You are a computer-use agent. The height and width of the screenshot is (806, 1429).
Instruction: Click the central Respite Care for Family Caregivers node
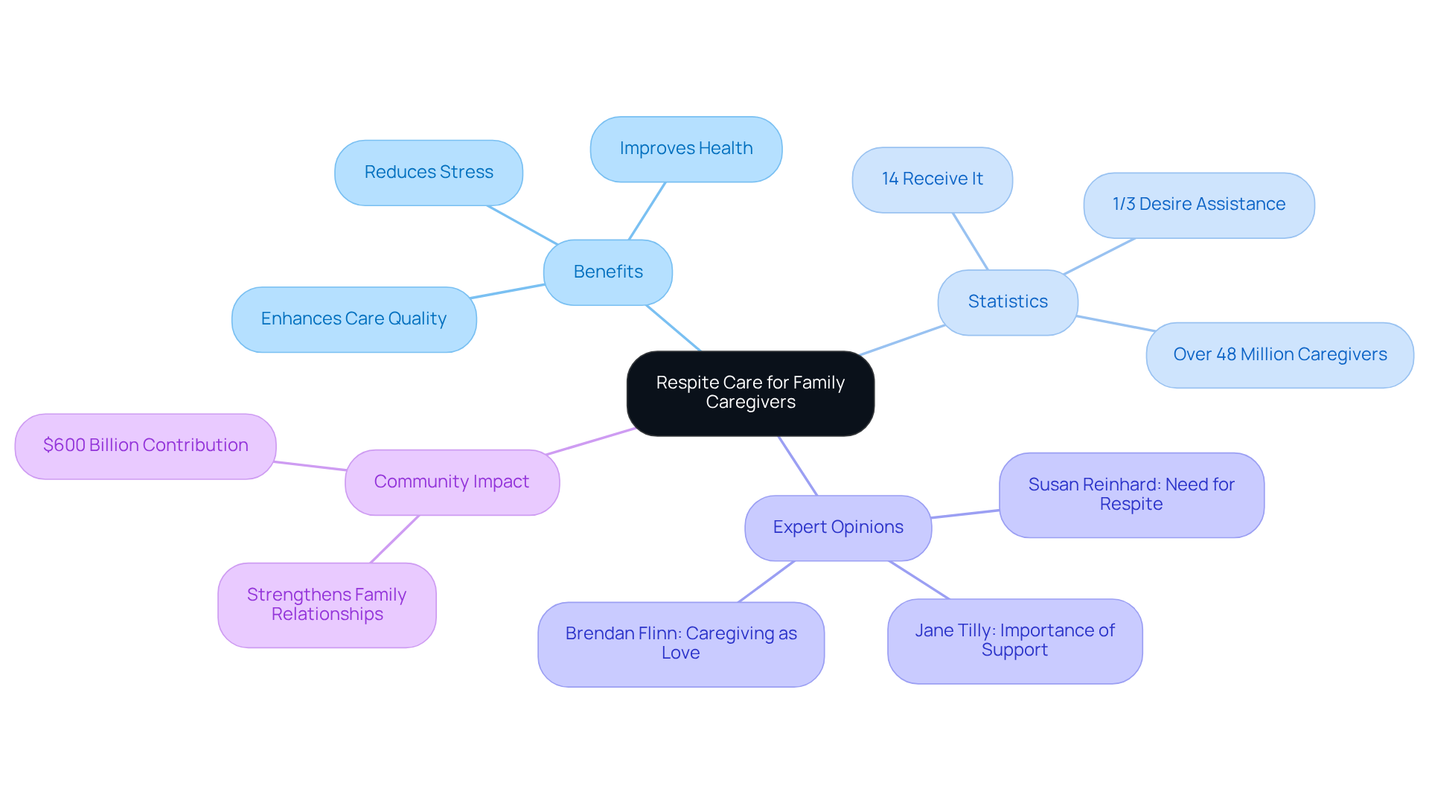coord(750,393)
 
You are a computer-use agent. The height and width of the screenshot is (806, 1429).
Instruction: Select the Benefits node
coord(608,272)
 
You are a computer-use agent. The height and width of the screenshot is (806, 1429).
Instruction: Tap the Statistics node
coord(1008,302)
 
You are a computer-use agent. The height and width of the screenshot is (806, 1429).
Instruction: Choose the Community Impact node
coord(452,482)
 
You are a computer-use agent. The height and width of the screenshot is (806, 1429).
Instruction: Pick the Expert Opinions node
coord(838,528)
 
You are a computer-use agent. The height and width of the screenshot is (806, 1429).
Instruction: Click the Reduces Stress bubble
coord(429,173)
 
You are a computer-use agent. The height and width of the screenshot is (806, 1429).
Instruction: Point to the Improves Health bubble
coord(686,149)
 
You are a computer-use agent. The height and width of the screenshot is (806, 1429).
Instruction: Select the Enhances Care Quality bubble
coord(354,319)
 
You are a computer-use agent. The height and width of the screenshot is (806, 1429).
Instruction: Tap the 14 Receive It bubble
coord(932,179)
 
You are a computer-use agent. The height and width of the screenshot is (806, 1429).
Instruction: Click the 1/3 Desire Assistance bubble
coord(1199,205)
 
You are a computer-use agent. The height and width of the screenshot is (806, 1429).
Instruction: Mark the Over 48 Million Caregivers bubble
coord(1279,355)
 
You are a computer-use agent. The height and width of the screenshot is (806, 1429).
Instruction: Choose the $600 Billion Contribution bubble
coord(146,446)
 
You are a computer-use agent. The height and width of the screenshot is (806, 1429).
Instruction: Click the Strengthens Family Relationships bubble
coord(327,605)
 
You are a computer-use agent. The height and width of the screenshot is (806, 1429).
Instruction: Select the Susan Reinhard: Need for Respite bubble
coord(1131,495)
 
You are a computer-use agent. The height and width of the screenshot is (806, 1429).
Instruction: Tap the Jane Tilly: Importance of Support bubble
coord(1014,641)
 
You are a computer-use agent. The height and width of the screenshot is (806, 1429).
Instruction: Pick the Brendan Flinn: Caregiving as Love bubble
coord(681,644)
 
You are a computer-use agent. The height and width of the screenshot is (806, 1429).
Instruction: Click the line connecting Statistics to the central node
coord(902,340)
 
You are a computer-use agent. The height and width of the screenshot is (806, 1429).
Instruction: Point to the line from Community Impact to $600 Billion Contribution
coord(310,466)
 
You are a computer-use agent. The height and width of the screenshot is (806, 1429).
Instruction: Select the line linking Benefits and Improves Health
coord(647,211)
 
